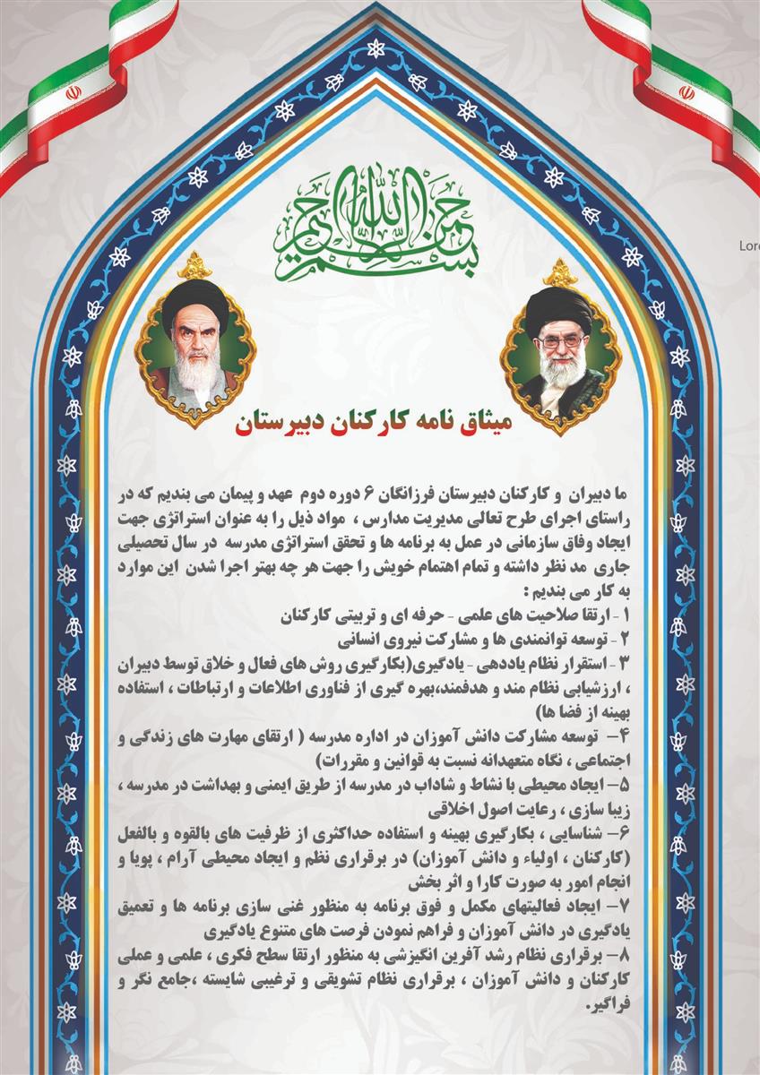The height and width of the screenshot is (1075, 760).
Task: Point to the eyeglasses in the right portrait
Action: (559, 340)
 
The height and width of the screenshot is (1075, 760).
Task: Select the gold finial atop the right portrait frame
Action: (561, 271)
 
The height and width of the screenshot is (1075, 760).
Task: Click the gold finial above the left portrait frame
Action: (194, 265)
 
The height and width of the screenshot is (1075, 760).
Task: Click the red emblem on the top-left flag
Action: (72, 91)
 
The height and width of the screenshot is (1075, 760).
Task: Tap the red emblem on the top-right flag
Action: (687, 91)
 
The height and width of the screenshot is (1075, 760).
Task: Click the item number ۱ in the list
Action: (626, 616)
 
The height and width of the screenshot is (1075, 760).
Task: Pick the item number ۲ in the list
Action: (626, 641)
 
